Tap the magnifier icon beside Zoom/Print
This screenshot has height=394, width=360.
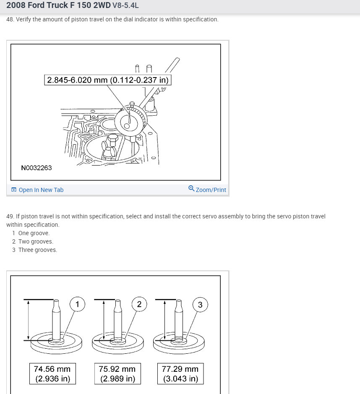coord(191,189)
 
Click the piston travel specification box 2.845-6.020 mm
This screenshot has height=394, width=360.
coord(108,80)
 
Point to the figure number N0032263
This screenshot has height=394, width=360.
coord(37,168)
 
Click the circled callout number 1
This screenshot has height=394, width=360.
coord(77,304)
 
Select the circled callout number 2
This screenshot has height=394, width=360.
coord(139,304)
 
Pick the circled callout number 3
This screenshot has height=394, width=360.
coord(200,305)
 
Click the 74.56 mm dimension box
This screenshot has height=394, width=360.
coord(52,373)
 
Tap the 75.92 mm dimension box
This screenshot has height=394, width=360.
coord(117,373)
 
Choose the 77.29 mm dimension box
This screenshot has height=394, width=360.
coord(180,373)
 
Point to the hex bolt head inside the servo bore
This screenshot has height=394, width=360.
coord(112,140)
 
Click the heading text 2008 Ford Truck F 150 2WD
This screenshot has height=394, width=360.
coord(58,5)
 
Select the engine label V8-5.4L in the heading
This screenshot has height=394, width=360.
coord(125,5)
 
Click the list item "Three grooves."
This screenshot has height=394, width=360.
coord(38,250)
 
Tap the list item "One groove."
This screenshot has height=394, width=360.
coord(34,233)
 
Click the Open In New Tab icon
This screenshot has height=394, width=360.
coord(14,190)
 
